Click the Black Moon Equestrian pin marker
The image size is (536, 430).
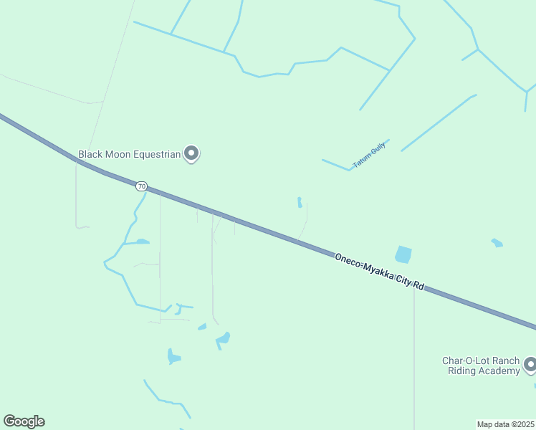[191, 153]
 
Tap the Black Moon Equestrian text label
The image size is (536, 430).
[129, 153]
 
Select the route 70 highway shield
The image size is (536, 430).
[141, 186]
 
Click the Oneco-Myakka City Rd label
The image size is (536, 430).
[380, 271]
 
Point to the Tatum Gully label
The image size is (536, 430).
[370, 155]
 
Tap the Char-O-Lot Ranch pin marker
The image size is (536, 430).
[530, 364]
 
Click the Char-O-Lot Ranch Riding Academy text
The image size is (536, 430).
[479, 365]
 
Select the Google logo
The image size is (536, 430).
[24, 421]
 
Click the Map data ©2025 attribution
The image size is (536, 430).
[505, 424]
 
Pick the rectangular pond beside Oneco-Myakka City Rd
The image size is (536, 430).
[403, 254]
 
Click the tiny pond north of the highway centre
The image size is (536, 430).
[300, 202]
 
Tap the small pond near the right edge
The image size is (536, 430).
[497, 243]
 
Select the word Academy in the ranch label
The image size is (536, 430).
[499, 371]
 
